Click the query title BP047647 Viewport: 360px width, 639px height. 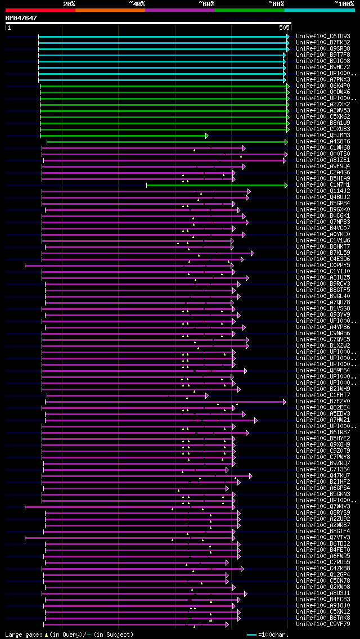(21, 18)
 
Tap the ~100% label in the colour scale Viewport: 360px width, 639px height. (344, 4)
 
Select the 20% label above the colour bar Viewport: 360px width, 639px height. (69, 4)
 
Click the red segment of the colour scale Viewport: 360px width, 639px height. (40, 10)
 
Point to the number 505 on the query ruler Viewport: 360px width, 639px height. (284, 28)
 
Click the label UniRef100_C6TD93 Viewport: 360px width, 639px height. (323, 37)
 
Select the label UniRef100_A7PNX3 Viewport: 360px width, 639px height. (323, 80)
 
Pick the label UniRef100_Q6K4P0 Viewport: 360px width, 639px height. (323, 86)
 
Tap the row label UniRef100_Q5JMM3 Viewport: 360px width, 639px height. (323, 136)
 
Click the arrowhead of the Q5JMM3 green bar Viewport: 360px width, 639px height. (207, 136)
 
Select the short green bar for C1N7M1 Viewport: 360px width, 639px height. (217, 185)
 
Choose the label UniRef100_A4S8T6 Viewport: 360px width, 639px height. (323, 142)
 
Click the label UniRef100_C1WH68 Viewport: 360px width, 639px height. (323, 148)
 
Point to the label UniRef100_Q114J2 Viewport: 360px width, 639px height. (323, 191)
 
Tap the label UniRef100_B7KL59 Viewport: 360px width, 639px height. (323, 253)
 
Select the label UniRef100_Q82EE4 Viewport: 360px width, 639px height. (323, 408)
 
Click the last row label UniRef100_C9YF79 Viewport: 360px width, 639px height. (323, 624)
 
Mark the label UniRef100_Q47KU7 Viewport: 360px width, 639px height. (323, 476)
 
